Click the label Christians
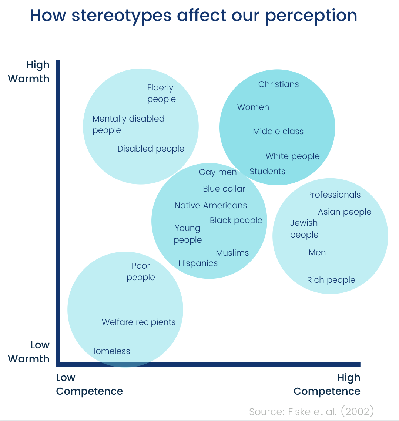click(278, 84)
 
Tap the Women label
click(253, 107)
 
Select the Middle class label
click(278, 131)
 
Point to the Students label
click(267, 171)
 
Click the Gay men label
click(218, 172)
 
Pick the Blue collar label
click(224, 189)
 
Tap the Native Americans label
click(211, 205)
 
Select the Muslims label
click(232, 253)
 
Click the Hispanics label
click(198, 263)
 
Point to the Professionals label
click(334, 195)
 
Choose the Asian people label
click(345, 212)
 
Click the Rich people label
click(331, 280)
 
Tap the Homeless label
click(110, 351)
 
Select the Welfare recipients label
click(139, 322)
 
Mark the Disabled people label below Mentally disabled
click(151, 149)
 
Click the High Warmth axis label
click(29, 72)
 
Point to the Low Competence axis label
click(89, 384)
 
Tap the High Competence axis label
click(327, 384)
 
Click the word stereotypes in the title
click(121, 16)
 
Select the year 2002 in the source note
click(358, 411)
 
